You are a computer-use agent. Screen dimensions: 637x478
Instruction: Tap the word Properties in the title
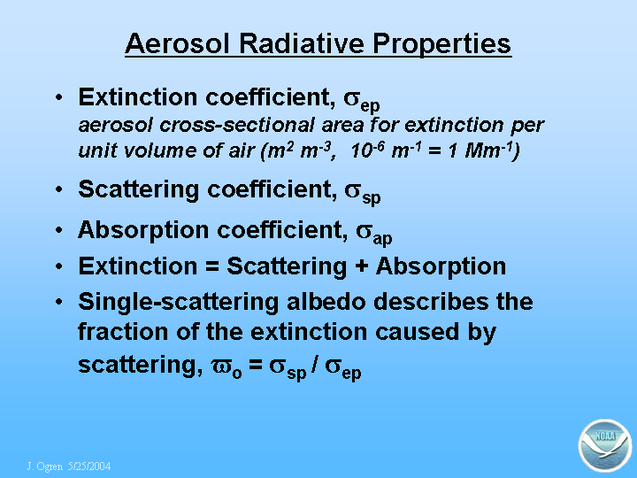click(x=441, y=44)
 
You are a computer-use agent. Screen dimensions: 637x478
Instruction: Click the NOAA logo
click(x=605, y=445)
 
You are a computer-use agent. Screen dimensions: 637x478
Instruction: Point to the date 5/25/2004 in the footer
click(x=89, y=466)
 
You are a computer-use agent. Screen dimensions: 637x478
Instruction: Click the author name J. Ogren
click(x=45, y=466)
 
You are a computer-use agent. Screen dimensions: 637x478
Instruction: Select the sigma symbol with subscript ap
click(x=373, y=234)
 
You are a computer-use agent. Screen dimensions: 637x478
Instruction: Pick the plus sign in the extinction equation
click(x=361, y=267)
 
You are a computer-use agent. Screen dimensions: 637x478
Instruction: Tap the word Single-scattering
click(x=179, y=303)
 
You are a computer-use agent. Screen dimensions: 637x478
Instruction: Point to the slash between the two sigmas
click(x=314, y=364)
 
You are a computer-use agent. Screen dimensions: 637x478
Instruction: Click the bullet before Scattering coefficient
click(x=59, y=189)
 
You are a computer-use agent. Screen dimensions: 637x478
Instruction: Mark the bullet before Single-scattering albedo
click(x=59, y=302)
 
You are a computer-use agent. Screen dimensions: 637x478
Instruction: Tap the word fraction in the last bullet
click(x=123, y=332)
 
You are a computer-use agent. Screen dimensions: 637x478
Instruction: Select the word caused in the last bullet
click(x=418, y=333)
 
